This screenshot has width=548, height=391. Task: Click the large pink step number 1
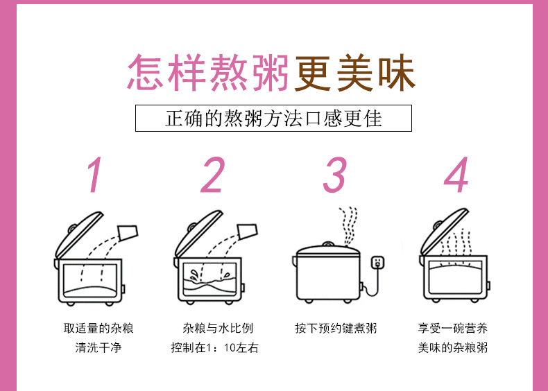[94, 175]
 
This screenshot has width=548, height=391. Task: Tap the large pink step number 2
[214, 175]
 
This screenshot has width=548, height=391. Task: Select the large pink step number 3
[334, 175]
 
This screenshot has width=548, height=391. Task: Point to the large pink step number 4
[456, 175]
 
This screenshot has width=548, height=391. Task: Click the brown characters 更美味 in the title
[354, 73]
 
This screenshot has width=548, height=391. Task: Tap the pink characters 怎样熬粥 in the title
[208, 73]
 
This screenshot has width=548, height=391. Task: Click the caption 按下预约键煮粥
[336, 328]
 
